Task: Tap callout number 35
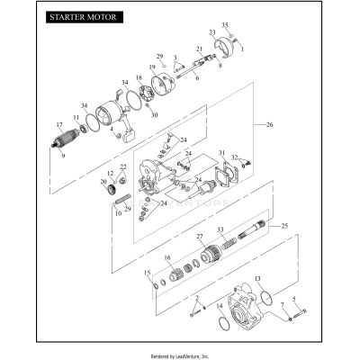[225, 25]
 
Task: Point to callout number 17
[58, 125]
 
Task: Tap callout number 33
[220, 229]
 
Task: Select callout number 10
[117, 213]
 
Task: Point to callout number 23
[212, 33]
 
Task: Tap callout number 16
[167, 257]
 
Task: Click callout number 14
[220, 307]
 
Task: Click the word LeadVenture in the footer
[187, 354]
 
